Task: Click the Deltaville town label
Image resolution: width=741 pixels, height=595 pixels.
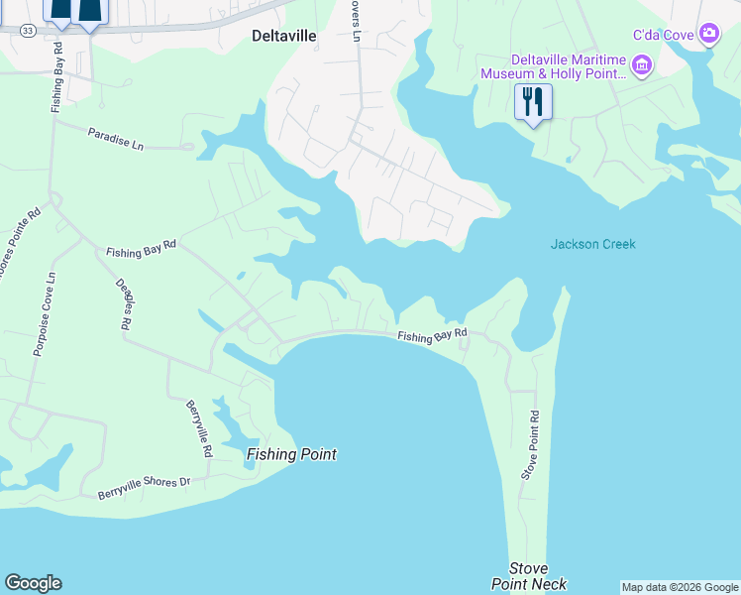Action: click(282, 36)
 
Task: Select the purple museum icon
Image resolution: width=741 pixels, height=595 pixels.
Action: click(642, 65)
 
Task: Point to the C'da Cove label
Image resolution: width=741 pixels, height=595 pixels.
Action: click(664, 36)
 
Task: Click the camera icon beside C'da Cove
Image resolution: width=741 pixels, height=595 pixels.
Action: click(708, 35)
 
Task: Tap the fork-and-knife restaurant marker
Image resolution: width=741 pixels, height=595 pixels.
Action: click(533, 102)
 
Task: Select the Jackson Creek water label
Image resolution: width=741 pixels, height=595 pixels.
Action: click(592, 244)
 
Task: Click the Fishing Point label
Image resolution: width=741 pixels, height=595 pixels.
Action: click(291, 455)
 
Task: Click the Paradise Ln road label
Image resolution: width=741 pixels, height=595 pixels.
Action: click(115, 139)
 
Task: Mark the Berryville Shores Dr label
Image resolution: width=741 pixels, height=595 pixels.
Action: click(144, 487)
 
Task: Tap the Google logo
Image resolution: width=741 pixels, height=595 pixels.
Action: click(33, 583)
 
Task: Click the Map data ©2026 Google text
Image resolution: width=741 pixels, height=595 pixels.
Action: click(680, 587)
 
